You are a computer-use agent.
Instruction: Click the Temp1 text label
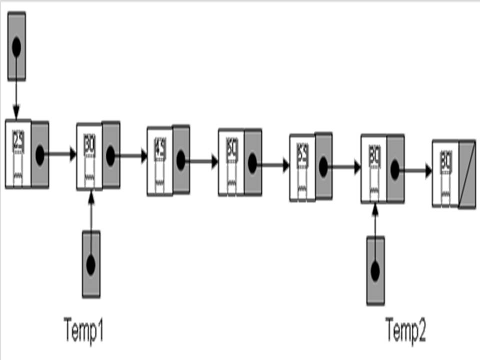click(x=84, y=330)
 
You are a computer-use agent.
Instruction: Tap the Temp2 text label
click(x=405, y=330)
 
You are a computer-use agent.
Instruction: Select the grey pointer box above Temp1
click(x=91, y=264)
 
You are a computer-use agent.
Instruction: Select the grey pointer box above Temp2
click(x=375, y=270)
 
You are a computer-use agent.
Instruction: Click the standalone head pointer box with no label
click(x=16, y=46)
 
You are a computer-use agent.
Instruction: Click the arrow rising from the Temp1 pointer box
click(x=90, y=210)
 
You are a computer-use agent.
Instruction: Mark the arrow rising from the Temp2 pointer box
click(x=375, y=219)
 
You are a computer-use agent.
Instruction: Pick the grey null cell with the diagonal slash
click(x=466, y=174)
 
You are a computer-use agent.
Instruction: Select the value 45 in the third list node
click(x=160, y=148)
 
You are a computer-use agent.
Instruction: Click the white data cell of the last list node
click(x=445, y=173)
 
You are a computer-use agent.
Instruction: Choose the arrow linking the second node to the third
click(x=131, y=156)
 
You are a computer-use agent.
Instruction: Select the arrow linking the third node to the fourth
click(x=202, y=161)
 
